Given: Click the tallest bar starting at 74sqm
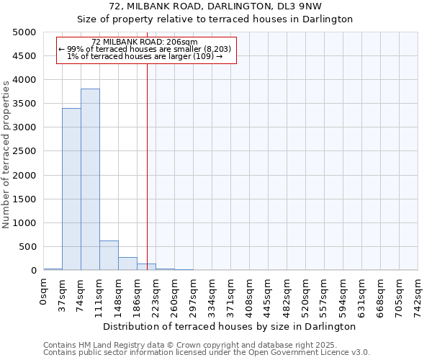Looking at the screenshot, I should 90,179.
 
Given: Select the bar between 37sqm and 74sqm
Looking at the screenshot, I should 71,189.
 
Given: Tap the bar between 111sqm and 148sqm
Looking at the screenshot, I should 109,255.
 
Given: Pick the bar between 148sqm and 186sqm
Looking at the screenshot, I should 127,264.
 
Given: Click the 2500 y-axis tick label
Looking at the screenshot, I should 24,151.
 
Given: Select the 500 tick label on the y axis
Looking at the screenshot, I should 27,247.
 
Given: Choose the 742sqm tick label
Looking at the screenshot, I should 418,297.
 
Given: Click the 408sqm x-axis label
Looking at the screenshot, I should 249,297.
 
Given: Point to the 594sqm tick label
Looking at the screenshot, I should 343,297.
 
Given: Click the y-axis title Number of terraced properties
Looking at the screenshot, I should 6,154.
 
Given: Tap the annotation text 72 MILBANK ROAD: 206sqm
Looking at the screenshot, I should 145,42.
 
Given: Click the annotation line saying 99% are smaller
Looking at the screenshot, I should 145,49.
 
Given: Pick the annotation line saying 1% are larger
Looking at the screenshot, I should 145,56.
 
